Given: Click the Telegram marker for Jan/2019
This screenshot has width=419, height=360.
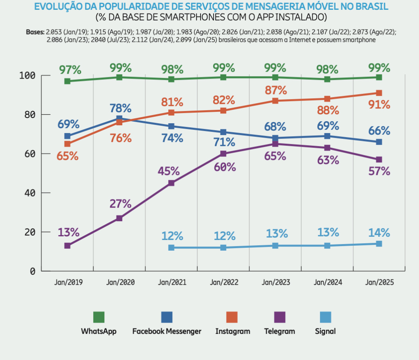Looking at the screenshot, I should [x=68, y=246].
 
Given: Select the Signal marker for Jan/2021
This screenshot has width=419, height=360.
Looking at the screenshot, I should [x=171, y=248].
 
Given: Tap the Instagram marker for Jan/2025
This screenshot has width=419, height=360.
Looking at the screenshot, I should [x=379, y=93].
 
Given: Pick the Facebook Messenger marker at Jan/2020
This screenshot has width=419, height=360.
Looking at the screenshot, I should [x=119, y=119].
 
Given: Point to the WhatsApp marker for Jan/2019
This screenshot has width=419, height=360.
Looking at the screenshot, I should [x=68, y=81].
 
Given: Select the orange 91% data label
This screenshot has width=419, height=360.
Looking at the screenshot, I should [x=379, y=105].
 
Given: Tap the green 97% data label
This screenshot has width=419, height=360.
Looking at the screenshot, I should [x=68, y=70].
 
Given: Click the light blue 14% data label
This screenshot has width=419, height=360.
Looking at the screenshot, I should [x=379, y=233].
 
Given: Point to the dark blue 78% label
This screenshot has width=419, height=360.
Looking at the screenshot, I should [x=120, y=109].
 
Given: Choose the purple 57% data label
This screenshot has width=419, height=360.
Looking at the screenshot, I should [x=379, y=171].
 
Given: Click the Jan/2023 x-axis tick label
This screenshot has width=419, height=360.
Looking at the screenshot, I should [x=275, y=283].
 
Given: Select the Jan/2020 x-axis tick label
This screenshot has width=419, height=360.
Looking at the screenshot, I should [x=120, y=283].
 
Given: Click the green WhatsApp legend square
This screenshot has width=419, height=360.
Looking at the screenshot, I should [x=99, y=317].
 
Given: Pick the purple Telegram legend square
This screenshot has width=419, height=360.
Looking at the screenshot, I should [x=280, y=317].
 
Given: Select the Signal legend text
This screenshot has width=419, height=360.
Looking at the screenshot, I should [x=325, y=331].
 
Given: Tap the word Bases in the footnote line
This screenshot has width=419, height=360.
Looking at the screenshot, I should [x=34, y=32].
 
